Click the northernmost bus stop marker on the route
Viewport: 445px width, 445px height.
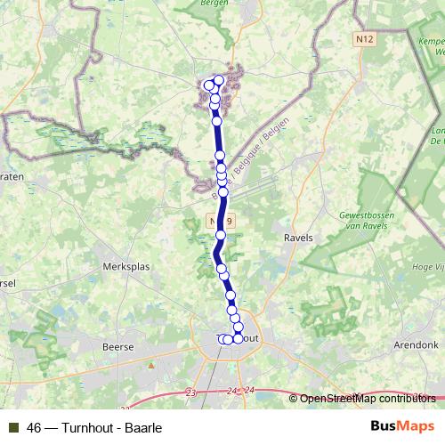click(218, 81)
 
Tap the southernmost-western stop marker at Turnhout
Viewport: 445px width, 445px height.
click(222, 339)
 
